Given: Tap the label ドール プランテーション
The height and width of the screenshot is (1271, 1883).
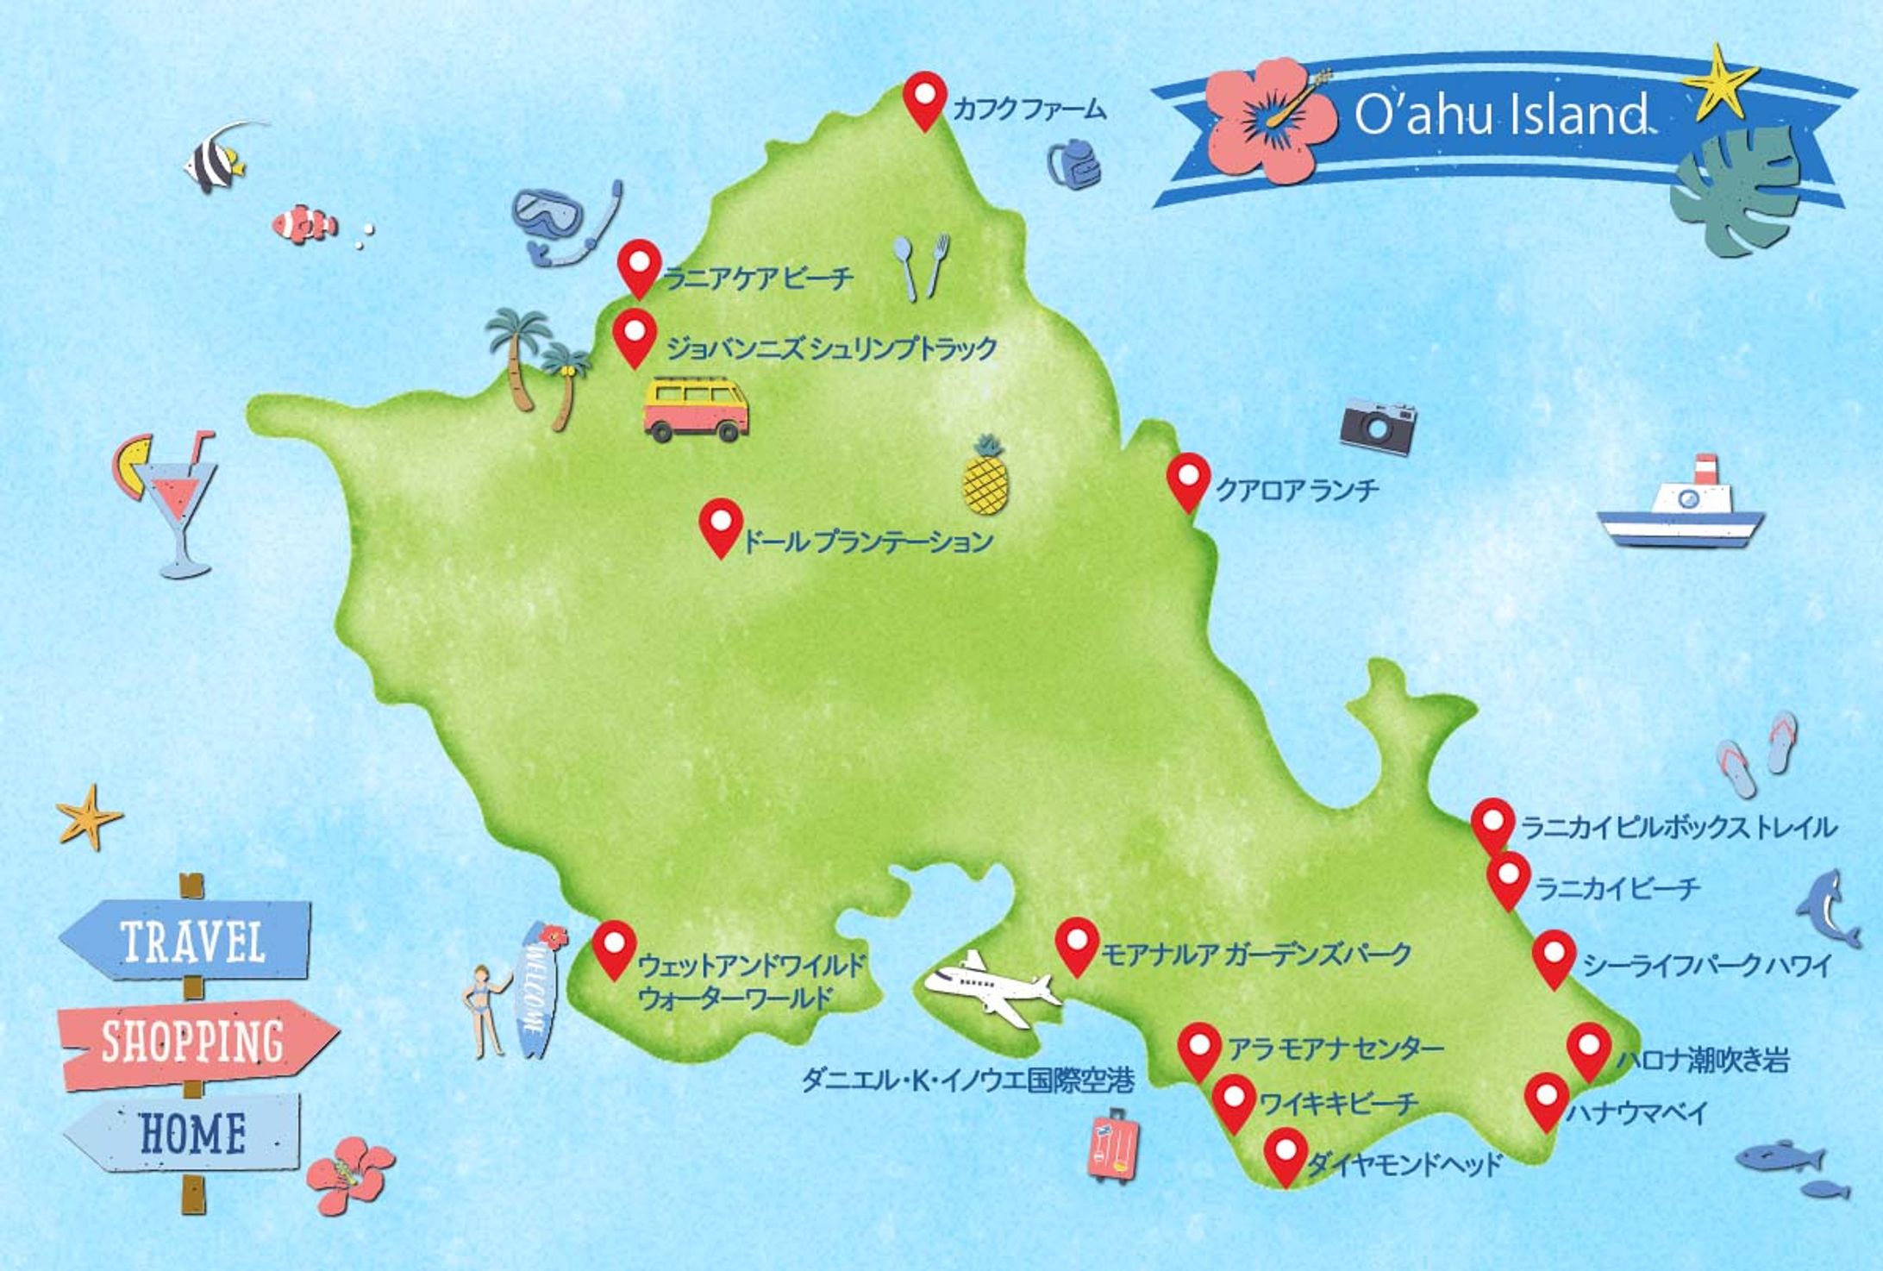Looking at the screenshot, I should (x=867, y=542).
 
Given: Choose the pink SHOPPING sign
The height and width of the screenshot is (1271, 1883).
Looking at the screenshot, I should (x=195, y=1042).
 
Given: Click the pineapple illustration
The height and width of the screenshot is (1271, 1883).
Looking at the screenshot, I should (x=985, y=479).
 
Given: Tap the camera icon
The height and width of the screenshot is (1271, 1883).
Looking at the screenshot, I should (x=1377, y=425).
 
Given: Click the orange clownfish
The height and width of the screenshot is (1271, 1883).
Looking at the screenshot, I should (x=304, y=223).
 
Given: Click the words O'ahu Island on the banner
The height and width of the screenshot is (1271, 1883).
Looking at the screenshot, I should (x=1500, y=115).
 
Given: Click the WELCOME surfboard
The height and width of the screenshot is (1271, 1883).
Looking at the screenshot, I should (x=535, y=991).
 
